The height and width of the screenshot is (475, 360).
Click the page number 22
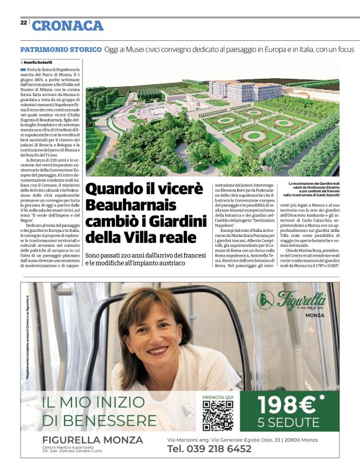point(24,23)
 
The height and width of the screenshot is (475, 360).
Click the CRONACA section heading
point(68,25)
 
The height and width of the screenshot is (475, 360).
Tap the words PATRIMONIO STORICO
point(61,49)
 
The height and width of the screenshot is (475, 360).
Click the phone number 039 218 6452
point(210,448)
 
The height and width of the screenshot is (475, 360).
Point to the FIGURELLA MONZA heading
point(88,440)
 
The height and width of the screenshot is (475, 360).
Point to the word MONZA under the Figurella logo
point(315,315)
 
